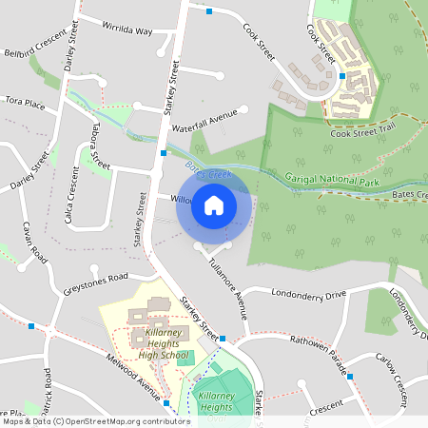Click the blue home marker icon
point(214,204)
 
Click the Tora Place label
point(25,101)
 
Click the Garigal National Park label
point(328,178)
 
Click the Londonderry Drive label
point(309,295)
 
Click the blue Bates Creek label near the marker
point(208,172)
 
